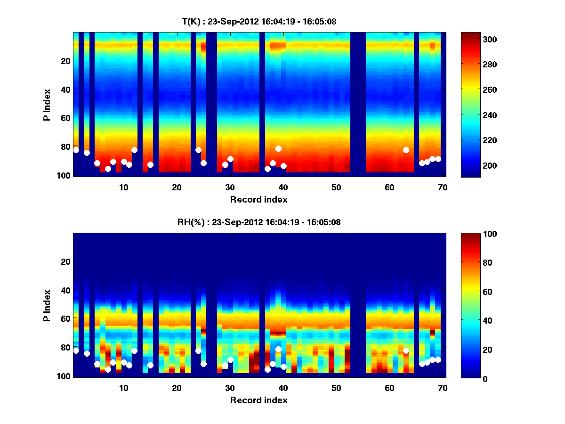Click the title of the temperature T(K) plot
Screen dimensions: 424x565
point(259,21)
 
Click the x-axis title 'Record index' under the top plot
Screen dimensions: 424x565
point(259,199)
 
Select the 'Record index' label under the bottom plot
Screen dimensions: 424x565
point(259,400)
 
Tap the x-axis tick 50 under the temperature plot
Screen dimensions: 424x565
point(336,188)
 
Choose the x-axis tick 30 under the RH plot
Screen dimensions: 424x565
point(230,388)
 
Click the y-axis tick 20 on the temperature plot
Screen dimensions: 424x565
point(65,60)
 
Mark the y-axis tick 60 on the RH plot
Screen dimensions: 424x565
point(65,318)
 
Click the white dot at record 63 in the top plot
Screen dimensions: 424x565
point(406,150)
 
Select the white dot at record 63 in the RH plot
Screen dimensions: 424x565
point(406,351)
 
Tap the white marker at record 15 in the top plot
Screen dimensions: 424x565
point(150,164)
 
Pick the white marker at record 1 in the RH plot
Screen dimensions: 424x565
point(76,351)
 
